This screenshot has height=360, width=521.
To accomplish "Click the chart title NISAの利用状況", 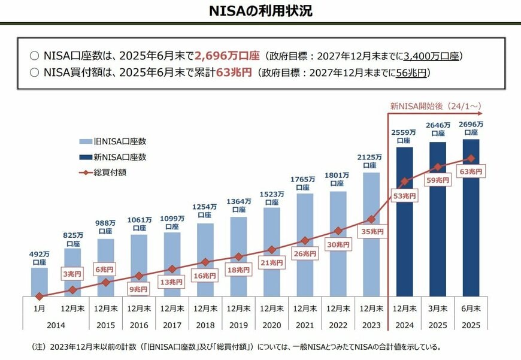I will (x=260, y=11).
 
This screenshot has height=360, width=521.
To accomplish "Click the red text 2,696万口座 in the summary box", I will (x=227, y=56).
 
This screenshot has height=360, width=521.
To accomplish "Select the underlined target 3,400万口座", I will (x=431, y=56).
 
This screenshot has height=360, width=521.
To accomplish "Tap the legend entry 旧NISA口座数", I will (x=114, y=142).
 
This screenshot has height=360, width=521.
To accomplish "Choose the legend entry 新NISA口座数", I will (x=114, y=157).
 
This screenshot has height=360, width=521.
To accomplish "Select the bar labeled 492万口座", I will (x=39, y=282).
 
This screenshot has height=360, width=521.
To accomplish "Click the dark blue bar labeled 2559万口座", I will (x=404, y=222).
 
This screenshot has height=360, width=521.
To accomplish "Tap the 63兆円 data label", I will (x=470, y=171).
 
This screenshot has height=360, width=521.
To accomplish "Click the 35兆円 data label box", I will (x=372, y=231).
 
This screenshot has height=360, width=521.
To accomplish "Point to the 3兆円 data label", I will (x=72, y=274).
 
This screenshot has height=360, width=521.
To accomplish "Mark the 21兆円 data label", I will (x=272, y=262).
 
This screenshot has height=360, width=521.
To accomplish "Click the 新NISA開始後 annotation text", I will (x=435, y=106).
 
